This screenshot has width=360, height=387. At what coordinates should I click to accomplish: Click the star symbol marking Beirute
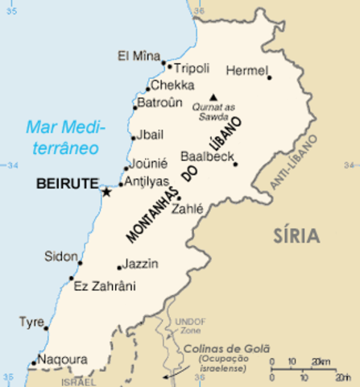click(106, 191)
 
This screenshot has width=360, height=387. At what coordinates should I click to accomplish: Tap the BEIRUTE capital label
click(66, 184)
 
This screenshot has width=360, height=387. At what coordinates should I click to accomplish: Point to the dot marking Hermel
click(269, 78)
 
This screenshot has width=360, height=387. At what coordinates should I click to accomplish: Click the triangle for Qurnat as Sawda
click(213, 97)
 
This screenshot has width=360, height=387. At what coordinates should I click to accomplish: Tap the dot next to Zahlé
click(179, 198)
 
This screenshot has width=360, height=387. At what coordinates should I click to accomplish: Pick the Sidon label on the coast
click(62, 256)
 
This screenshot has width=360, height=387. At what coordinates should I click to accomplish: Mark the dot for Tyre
click(46, 327)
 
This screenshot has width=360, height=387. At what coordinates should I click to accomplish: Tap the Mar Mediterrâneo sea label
click(61, 137)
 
